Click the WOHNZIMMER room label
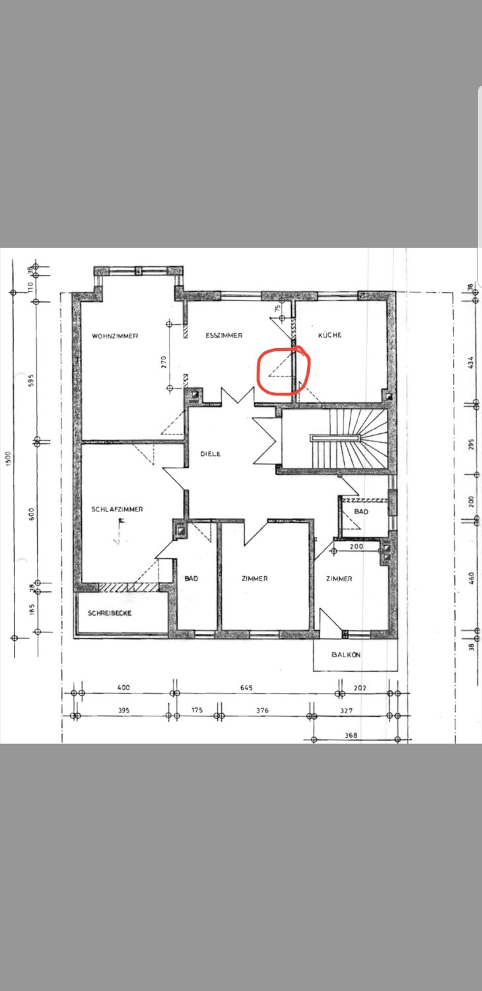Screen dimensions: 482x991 (x=115, y=336)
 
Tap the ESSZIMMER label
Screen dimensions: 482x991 (x=224, y=336)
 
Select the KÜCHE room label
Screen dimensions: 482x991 (x=330, y=335)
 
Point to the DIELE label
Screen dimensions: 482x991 (x=211, y=453)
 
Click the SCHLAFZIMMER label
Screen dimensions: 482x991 (x=117, y=509)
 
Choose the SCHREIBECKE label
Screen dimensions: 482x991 (x=110, y=612)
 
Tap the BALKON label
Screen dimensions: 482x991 (x=346, y=654)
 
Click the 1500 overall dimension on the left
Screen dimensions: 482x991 (x=8, y=459)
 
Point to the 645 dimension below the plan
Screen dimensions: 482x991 (x=246, y=688)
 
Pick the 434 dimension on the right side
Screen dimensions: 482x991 (x=471, y=363)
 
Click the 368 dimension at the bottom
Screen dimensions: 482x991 (x=351, y=736)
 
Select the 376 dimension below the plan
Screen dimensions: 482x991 (x=262, y=710)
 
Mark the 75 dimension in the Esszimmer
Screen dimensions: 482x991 (x=277, y=309)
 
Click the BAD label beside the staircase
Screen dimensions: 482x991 (x=361, y=511)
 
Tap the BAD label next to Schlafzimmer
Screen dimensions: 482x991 (x=191, y=578)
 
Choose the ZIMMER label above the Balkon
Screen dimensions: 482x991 (x=339, y=579)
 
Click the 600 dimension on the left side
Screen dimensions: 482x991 (x=31, y=513)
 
